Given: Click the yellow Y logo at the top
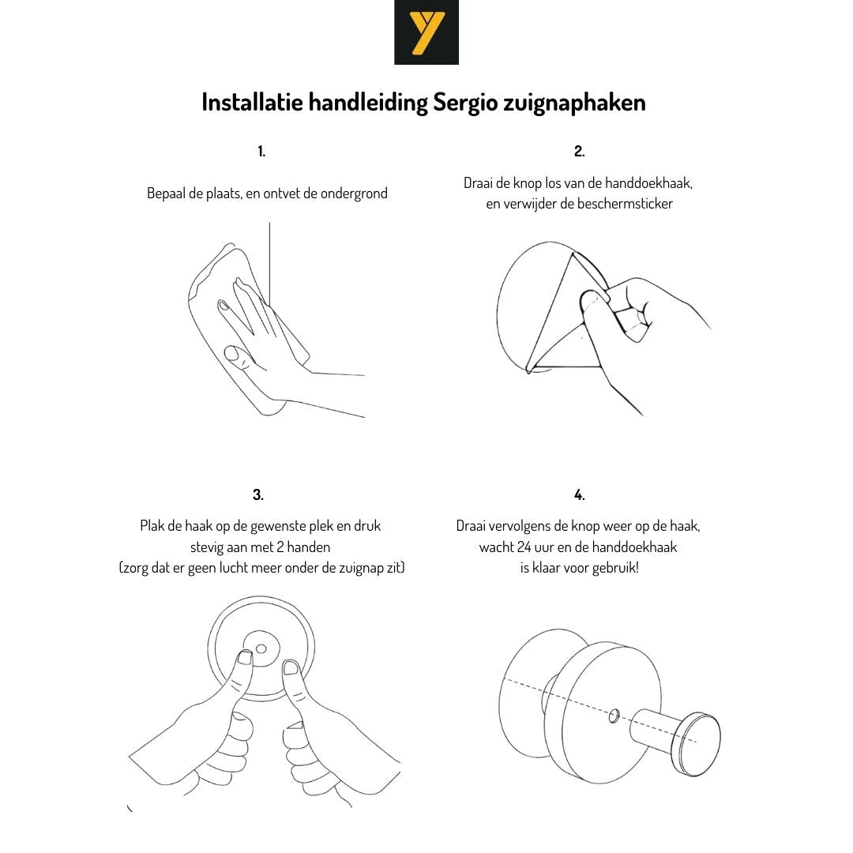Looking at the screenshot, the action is (x=426, y=32).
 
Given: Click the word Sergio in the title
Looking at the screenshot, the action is (x=465, y=103).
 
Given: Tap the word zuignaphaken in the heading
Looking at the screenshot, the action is (x=574, y=103).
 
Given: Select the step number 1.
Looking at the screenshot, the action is (x=261, y=151).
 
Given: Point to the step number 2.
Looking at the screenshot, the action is (x=580, y=151).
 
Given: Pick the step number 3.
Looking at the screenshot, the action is (x=257, y=494).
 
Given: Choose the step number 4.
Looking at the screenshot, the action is (x=580, y=494).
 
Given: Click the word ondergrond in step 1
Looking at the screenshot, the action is (x=354, y=194).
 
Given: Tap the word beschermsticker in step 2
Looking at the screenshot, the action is (x=625, y=204).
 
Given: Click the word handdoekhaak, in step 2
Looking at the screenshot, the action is (x=648, y=183).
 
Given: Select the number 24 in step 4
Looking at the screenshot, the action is (x=523, y=547).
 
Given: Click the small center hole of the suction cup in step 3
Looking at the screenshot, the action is (x=261, y=649).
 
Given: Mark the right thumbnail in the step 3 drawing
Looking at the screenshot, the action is (x=291, y=667).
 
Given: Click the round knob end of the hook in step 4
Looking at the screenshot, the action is (x=696, y=744).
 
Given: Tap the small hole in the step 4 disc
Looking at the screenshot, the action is (x=614, y=716).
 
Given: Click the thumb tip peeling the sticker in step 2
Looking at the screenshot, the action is (x=591, y=300).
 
